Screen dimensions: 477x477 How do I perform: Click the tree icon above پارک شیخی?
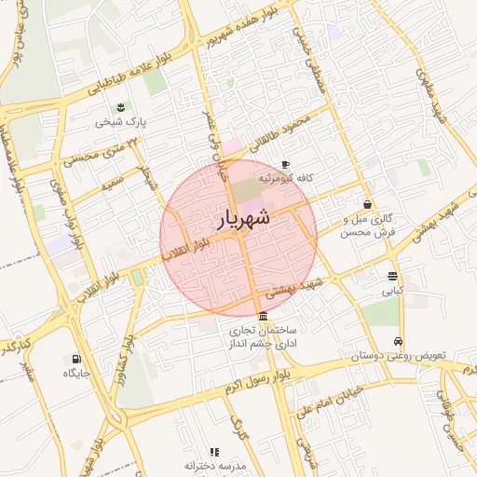pos(119,107)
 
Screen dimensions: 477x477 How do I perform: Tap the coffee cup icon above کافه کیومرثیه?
pos(285,164)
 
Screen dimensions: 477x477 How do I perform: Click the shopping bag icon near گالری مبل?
pos(368,204)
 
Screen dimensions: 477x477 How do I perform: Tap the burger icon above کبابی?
pos(392,276)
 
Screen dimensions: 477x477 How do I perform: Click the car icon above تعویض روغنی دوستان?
pos(399,341)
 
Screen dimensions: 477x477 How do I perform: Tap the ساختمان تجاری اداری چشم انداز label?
pos(266,337)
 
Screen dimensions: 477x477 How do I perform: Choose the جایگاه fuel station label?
pos(75,373)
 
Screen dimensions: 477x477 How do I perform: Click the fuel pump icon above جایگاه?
pos(75,359)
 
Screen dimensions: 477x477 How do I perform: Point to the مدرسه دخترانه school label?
pos(214,465)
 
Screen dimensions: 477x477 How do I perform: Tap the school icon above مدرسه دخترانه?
pos(215,451)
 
